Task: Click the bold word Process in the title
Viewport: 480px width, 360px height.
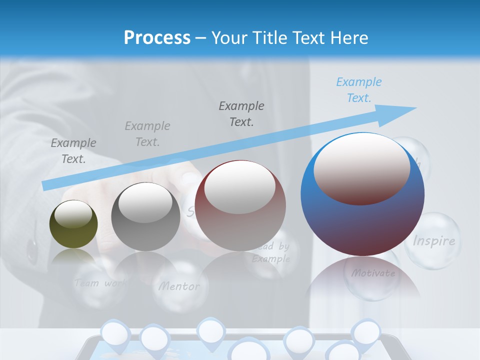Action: [157, 37]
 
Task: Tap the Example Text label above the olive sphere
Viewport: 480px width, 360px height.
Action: [73, 151]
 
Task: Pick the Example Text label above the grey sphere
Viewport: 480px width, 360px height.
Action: [147, 134]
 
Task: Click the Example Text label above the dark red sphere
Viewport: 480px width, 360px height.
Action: [241, 114]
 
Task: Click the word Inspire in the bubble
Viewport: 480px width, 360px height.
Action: [434, 241]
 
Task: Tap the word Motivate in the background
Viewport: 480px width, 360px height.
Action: [373, 273]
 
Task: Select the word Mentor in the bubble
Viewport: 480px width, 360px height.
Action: [179, 286]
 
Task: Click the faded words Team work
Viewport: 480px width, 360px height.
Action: [99, 283]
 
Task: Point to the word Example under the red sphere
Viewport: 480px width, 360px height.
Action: [271, 259]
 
